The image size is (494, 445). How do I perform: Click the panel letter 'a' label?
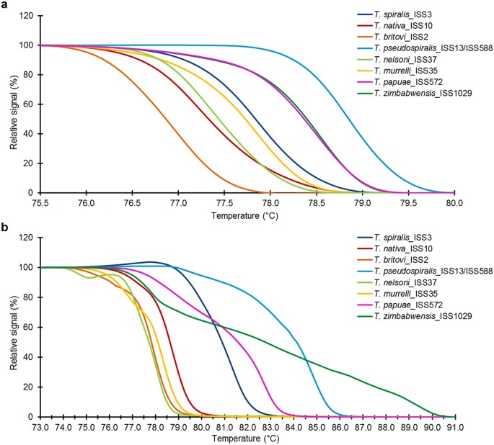5,6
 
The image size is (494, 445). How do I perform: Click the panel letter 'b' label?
5,228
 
